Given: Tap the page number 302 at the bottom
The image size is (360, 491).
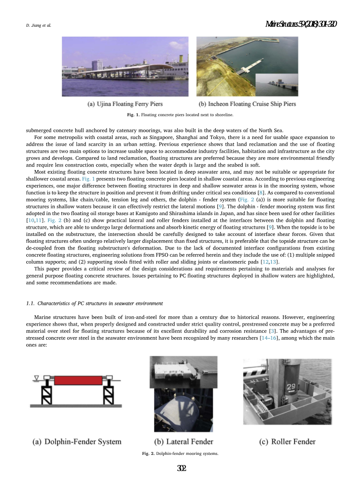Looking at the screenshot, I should coord(182,468).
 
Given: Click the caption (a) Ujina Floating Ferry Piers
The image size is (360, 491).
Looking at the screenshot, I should coord(125,104).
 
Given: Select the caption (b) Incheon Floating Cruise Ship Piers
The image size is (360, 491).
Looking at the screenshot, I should coord(247,104).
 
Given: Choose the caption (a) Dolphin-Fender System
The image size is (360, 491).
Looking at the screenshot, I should coord(77,442).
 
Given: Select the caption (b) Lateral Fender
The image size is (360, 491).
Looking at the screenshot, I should coord(183,442).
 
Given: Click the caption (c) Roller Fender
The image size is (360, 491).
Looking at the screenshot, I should coord(287,442).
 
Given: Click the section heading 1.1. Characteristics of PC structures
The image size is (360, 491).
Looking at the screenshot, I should coord(94,303).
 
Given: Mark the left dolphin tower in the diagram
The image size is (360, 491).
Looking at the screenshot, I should coord(46,393).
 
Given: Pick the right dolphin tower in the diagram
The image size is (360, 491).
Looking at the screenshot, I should coord(109,393).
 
